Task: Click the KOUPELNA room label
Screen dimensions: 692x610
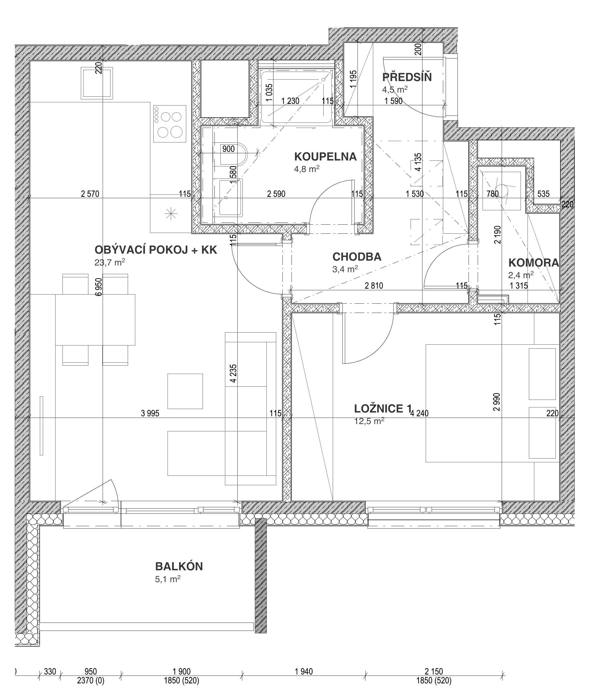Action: (325, 156)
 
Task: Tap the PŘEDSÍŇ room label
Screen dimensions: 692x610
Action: (407, 77)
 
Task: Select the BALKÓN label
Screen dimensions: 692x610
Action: (179, 567)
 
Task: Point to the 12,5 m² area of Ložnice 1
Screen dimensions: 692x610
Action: (369, 421)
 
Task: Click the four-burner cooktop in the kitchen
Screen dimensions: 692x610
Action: (170, 124)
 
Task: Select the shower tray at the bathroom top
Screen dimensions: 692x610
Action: (296, 96)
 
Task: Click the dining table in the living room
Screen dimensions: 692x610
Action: (95, 320)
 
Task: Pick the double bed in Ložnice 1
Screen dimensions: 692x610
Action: (491, 403)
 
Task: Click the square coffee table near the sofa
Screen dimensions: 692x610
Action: (185, 391)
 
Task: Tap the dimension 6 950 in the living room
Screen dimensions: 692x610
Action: (99, 287)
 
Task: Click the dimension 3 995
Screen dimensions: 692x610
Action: (150, 413)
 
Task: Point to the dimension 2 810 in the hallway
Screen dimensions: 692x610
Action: (374, 286)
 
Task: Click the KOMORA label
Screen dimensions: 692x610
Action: (533, 263)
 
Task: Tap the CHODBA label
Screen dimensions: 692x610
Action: (357, 257)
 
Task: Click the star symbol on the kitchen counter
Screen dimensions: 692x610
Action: (171, 214)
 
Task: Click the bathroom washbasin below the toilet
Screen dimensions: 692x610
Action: (230, 198)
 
